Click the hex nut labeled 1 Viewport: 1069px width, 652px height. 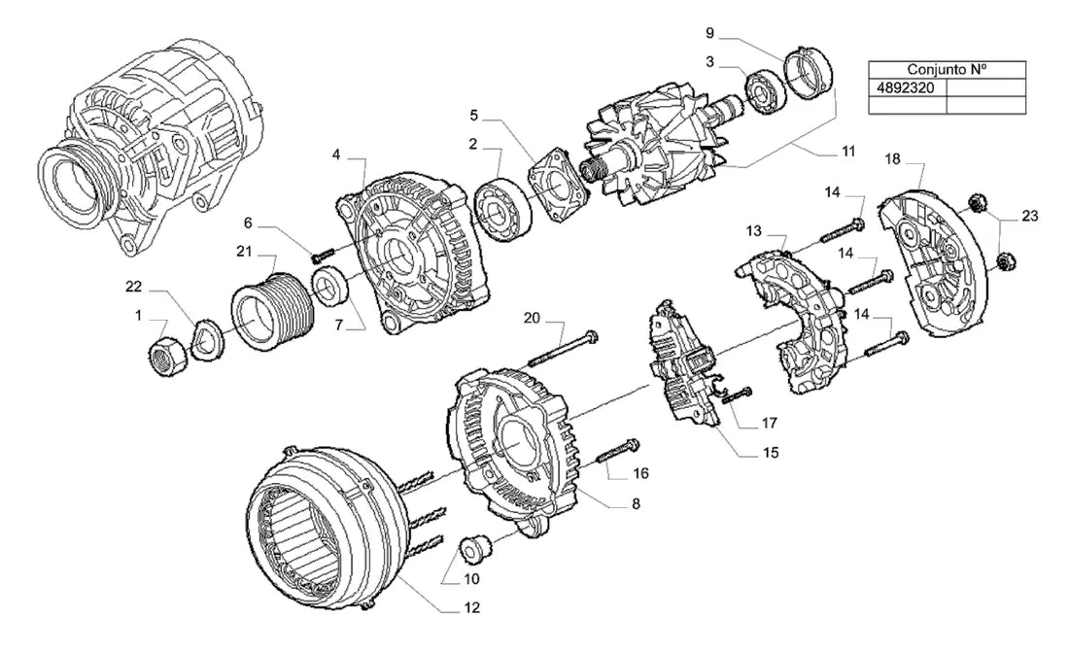167,357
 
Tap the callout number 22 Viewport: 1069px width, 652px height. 134,287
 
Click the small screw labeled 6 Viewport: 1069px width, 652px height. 321,256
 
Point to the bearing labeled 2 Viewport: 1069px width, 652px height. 501,209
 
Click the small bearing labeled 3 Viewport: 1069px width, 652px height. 768,90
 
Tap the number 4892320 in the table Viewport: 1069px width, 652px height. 906,88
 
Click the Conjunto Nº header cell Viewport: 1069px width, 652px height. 947,70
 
